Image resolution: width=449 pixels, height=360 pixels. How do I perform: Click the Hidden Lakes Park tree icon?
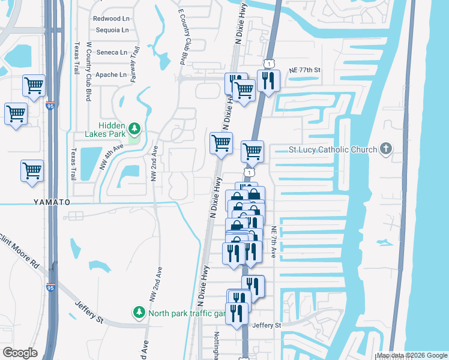(x=136, y=128)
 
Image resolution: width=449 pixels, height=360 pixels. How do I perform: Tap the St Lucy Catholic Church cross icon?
(x=386, y=149)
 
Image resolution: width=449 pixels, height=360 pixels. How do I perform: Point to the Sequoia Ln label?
(x=111, y=30)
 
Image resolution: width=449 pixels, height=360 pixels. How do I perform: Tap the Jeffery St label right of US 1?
(x=267, y=325)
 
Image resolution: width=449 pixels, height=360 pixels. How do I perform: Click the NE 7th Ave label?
(x=273, y=242)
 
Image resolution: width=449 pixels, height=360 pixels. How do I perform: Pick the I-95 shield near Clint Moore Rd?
(x=51, y=287)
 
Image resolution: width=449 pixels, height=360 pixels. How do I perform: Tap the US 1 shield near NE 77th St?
(x=268, y=63)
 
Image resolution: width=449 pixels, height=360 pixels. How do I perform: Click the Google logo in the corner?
(x=20, y=353)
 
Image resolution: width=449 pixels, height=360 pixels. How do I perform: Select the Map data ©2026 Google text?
(x=412, y=355)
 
